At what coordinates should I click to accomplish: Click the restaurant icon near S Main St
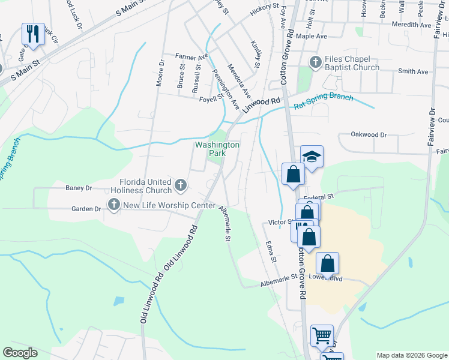[x=33, y=34]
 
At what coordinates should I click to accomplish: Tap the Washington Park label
[x=217, y=149]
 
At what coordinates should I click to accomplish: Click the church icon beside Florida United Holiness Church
[x=180, y=186]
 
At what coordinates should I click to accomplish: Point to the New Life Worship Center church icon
[x=113, y=206]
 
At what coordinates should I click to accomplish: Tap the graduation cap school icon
[x=312, y=158]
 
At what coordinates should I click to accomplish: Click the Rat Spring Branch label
[x=323, y=101]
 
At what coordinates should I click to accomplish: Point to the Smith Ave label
[x=413, y=71]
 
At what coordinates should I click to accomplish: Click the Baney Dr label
[x=79, y=188]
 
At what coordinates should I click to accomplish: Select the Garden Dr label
[x=86, y=209]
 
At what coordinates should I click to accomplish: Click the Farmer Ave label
[x=191, y=56]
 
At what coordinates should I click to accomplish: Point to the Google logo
[x=20, y=353]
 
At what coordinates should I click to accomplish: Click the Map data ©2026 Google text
[x=411, y=355]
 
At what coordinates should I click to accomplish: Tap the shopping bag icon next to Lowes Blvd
[x=328, y=264]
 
